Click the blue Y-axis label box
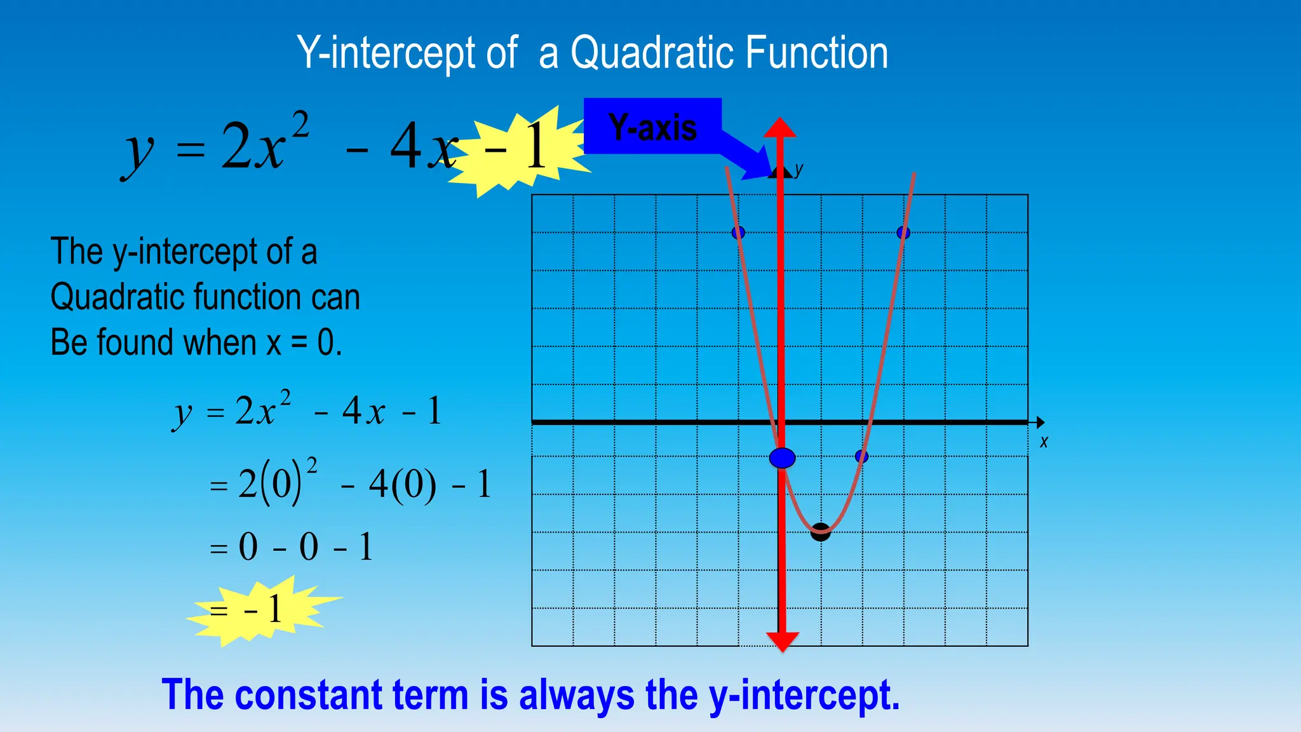click(x=652, y=126)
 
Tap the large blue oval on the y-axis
click(x=782, y=457)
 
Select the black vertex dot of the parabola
click(x=821, y=532)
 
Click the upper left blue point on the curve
click(x=738, y=233)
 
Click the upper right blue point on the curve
click(x=903, y=233)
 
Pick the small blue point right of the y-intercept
click(x=861, y=456)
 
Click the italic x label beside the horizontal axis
click(x=1044, y=442)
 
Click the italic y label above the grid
click(x=799, y=169)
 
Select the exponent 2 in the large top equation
click(x=300, y=123)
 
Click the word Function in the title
click(x=816, y=53)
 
